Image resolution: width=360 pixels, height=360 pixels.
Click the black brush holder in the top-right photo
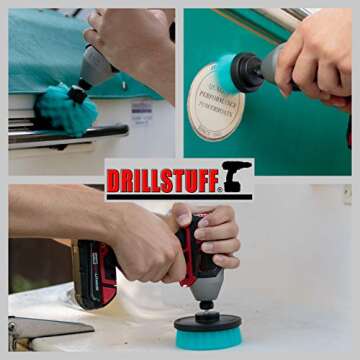pyautogui.click(x=246, y=71)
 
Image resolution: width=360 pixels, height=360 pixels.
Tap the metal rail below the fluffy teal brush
pyautogui.click(x=70, y=136)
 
